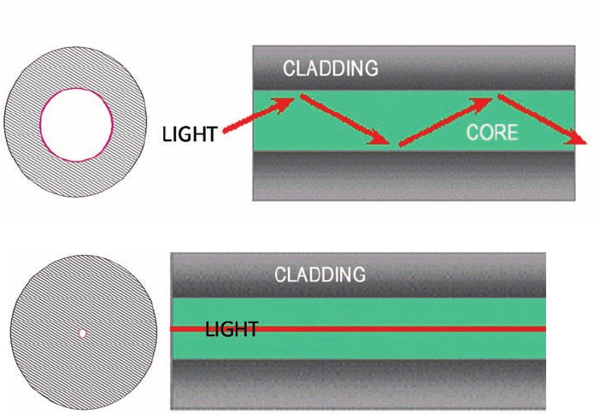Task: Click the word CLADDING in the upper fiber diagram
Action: [x=330, y=68]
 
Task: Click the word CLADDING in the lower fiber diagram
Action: [x=320, y=275]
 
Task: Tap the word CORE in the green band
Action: [x=493, y=133]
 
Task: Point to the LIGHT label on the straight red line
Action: [x=232, y=329]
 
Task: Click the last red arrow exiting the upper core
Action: [x=543, y=119]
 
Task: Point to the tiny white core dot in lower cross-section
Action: [x=82, y=333]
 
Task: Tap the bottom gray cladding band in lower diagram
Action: [x=359, y=382]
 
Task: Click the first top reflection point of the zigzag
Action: [x=297, y=96]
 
